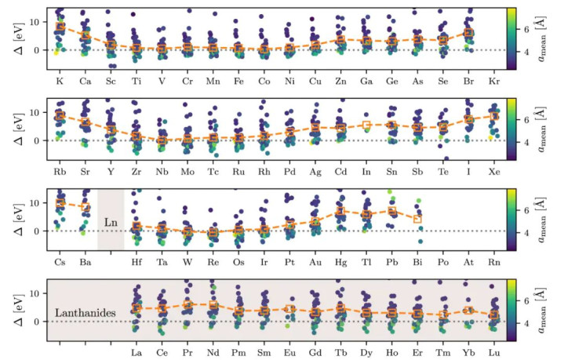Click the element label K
pyautogui.click(x=60, y=80)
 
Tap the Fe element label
pyautogui.click(x=239, y=80)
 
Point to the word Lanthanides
pyautogui.click(x=87, y=313)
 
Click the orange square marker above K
pyautogui.click(x=60, y=27)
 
